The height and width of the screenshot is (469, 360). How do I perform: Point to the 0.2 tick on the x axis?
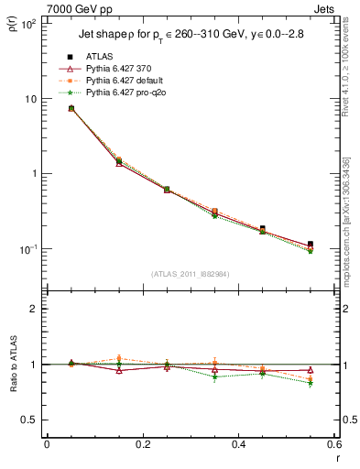[x=142, y=444]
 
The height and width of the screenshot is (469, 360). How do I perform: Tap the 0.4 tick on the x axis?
[x=238, y=444]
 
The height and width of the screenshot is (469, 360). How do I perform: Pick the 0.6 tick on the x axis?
[x=333, y=444]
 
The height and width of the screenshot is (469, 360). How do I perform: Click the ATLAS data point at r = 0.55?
[x=311, y=245]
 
